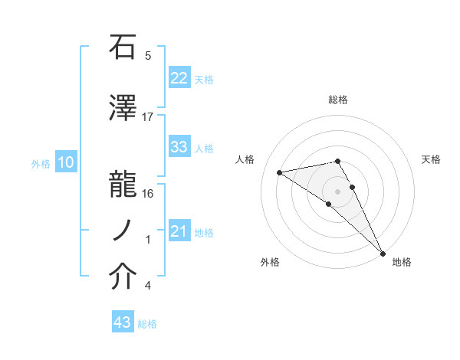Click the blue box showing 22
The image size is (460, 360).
click(x=179, y=78)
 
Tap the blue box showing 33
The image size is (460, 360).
click(x=179, y=147)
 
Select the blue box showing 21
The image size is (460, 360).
click(x=179, y=231)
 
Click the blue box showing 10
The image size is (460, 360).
click(x=65, y=162)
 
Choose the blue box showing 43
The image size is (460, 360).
click(x=123, y=323)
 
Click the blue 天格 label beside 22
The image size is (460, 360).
click(x=204, y=79)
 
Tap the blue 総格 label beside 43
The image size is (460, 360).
click(x=147, y=324)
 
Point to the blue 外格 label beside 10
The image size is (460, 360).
click(x=41, y=163)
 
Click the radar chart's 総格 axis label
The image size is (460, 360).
click(x=338, y=100)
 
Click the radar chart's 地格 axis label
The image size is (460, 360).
click(x=402, y=262)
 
